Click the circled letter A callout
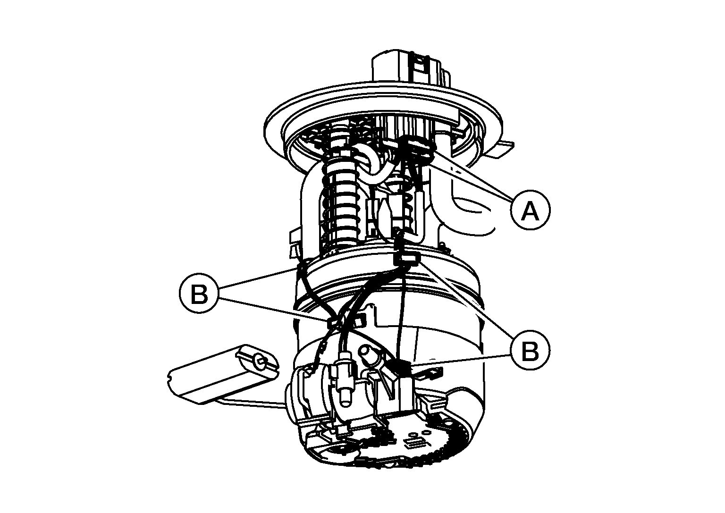530,210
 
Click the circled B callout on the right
530,350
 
